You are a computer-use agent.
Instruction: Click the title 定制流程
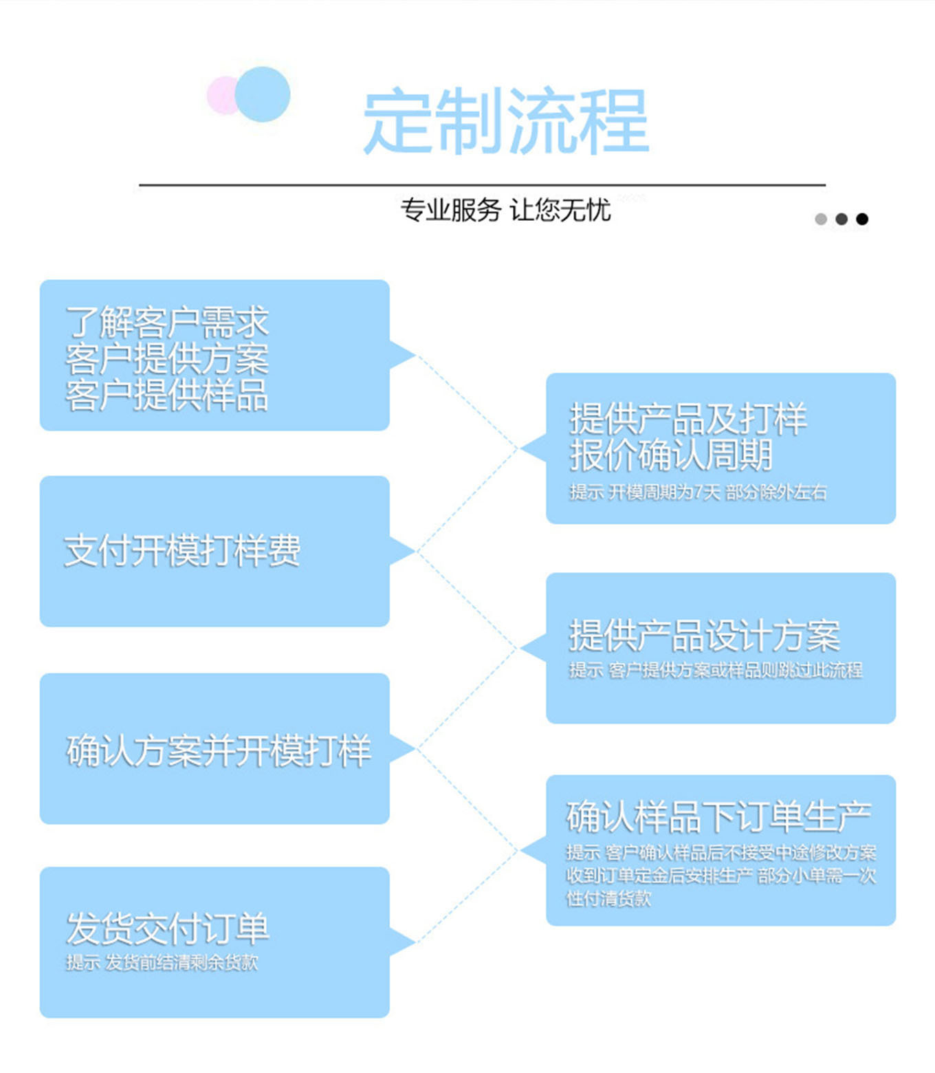506,121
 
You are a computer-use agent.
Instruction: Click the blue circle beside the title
263,94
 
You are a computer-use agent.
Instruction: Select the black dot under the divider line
862,219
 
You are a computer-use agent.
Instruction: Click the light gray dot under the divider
821,219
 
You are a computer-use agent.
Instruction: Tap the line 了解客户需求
166,322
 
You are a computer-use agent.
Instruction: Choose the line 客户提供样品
166,395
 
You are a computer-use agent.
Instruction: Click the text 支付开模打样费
182,551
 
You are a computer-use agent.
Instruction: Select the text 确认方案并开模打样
219,750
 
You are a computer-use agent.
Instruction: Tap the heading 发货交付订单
167,928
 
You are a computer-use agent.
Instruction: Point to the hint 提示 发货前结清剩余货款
162,962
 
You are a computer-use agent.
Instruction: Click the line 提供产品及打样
687,418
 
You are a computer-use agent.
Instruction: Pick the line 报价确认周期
671,455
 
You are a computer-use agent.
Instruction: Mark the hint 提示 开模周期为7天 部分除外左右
698,492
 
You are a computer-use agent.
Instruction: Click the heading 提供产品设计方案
705,635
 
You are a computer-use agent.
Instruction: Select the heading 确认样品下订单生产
718,816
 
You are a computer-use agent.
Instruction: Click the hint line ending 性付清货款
608,898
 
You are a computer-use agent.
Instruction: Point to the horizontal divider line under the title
481,185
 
